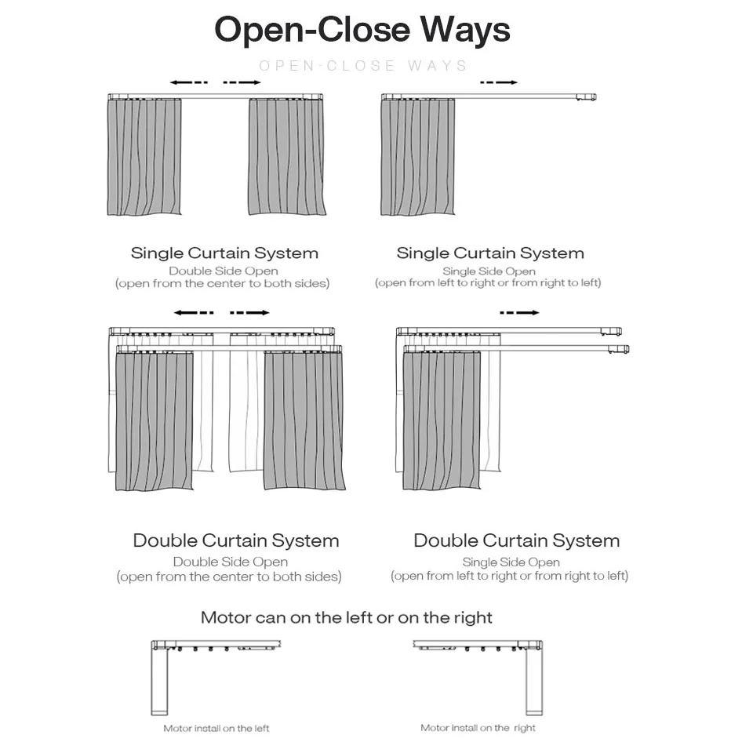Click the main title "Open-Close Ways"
pos(362,30)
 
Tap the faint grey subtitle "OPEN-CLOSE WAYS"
pos(363,66)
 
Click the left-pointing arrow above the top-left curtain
pos(188,82)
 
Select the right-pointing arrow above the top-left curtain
pos(242,82)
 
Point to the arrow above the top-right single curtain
pos(499,82)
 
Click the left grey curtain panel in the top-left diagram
pos(144,157)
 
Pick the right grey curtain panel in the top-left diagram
pos(286,157)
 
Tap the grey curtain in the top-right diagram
pos(417,157)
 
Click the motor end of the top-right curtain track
pos(585,97)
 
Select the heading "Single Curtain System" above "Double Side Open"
pos(224,253)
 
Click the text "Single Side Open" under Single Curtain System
pos(489,271)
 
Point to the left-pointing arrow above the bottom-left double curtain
pos(193,312)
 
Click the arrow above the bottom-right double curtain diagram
pos(519,312)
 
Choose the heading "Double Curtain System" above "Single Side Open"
pos(516,540)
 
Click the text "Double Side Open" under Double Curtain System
pos(230,562)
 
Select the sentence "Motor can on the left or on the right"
pos(346,617)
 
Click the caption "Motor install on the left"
pos(216,729)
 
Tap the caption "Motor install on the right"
pos(478,728)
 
